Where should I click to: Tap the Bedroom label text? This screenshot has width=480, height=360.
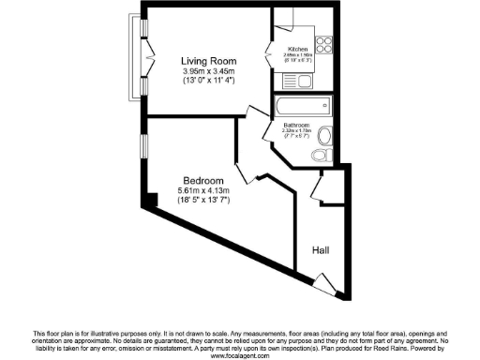pos(202,181)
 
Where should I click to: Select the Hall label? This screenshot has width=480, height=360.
pos(322,250)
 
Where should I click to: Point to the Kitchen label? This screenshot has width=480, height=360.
pos(298,48)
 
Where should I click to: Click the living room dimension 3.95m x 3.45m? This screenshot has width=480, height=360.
pos(208,71)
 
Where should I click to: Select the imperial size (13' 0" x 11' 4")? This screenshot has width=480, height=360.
pos(208,82)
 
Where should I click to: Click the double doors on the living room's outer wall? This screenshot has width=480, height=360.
pos(145,58)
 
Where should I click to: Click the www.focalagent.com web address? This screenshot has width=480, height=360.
pos(240,355)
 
